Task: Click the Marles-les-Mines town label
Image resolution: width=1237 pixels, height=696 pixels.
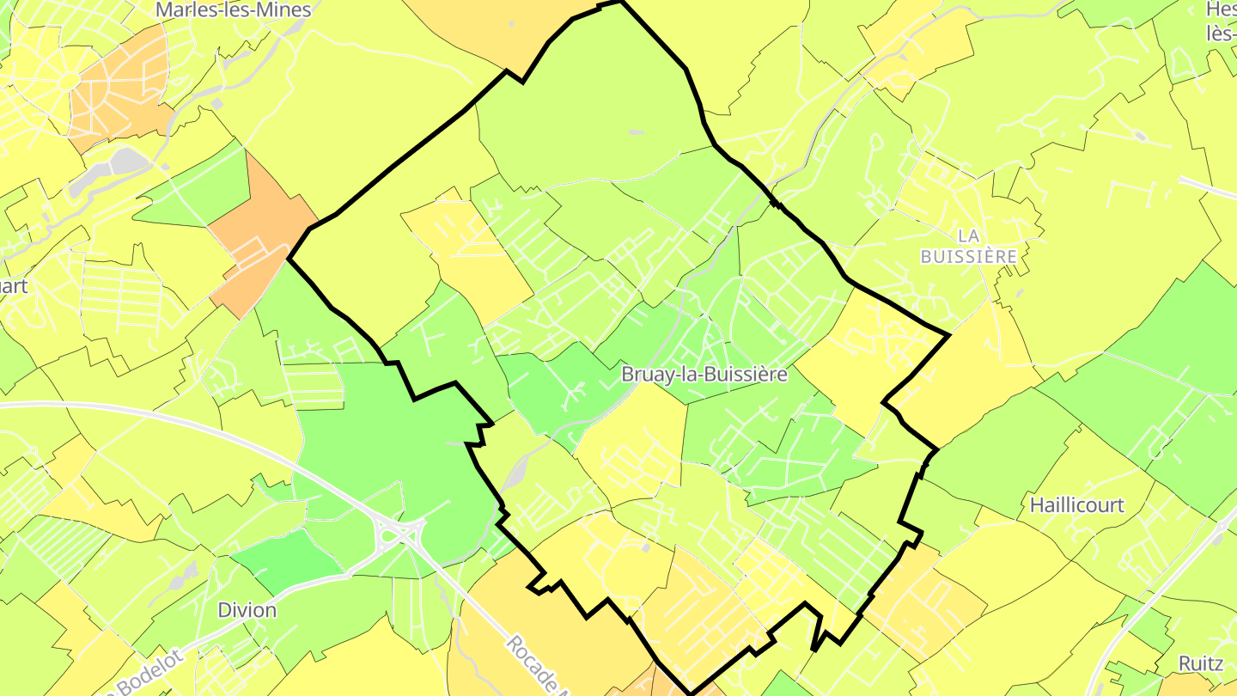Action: [x=232, y=10]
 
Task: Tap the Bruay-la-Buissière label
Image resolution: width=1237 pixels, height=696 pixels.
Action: [x=704, y=375]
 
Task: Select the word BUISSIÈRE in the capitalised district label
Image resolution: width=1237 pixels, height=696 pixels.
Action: [x=968, y=256]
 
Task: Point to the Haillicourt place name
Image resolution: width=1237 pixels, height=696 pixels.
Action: [x=1076, y=504]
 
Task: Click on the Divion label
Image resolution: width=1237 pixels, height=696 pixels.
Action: [x=247, y=610]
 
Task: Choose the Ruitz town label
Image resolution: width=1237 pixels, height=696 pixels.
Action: [x=1201, y=663]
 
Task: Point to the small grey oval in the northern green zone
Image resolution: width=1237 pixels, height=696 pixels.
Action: [x=636, y=131]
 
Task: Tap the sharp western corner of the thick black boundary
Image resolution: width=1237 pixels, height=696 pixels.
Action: [x=289, y=258]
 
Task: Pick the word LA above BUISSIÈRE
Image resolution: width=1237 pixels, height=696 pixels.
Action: [x=968, y=235]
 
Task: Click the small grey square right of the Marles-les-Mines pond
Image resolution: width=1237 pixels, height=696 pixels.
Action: [x=216, y=104]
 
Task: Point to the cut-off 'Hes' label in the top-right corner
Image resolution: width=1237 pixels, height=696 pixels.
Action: [x=1220, y=10]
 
